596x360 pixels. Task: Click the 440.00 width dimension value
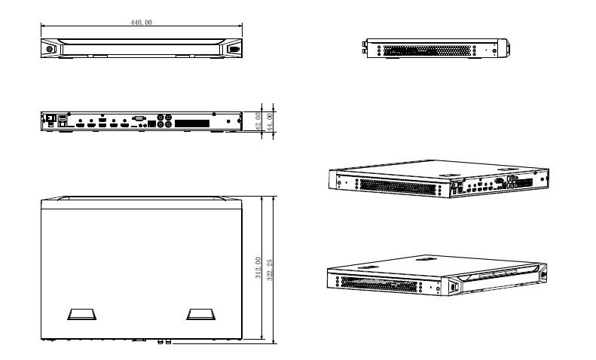click(x=142, y=23)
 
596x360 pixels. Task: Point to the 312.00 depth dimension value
click(x=258, y=269)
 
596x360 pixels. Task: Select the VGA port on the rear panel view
click(x=139, y=118)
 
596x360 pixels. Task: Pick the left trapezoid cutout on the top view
click(x=79, y=314)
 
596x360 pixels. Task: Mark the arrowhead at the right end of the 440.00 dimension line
click(x=240, y=27)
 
